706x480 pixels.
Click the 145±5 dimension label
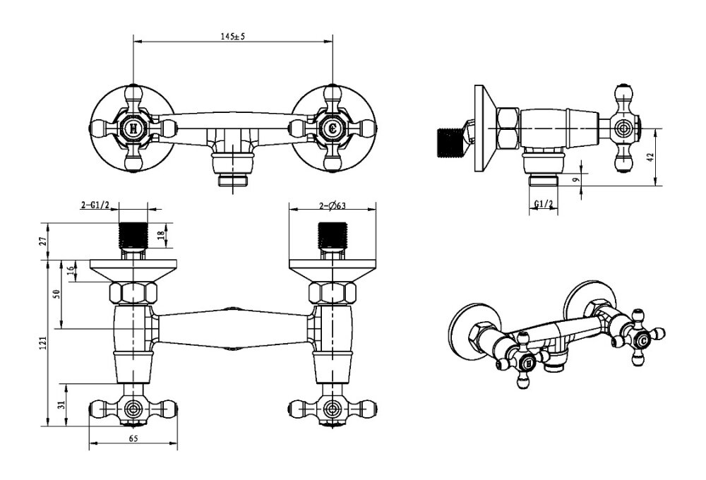[x=233, y=37]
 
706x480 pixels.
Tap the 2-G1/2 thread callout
[x=94, y=205]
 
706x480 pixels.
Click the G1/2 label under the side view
[x=543, y=205]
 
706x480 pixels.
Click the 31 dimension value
[x=61, y=404]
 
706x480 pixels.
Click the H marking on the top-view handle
[x=133, y=128]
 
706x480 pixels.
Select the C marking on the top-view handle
[x=333, y=128]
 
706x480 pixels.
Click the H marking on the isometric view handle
[x=525, y=364]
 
